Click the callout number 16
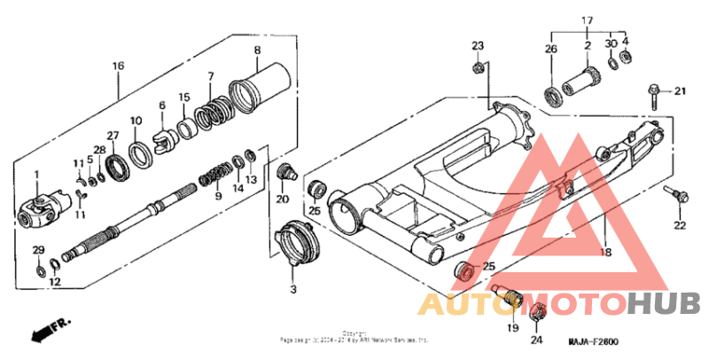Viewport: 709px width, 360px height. (118, 66)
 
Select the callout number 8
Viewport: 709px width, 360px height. (257, 50)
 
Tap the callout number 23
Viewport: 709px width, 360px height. (478, 45)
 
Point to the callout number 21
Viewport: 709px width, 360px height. (681, 91)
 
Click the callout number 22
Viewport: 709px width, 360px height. (680, 226)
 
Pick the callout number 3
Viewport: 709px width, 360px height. (294, 289)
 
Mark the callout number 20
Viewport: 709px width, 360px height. (283, 199)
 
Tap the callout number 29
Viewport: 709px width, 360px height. (38, 249)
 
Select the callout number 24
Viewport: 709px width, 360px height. (534, 339)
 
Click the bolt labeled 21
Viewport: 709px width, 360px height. (652, 92)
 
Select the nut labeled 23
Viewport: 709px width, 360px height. (478, 67)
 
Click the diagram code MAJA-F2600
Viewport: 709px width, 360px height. (593, 340)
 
